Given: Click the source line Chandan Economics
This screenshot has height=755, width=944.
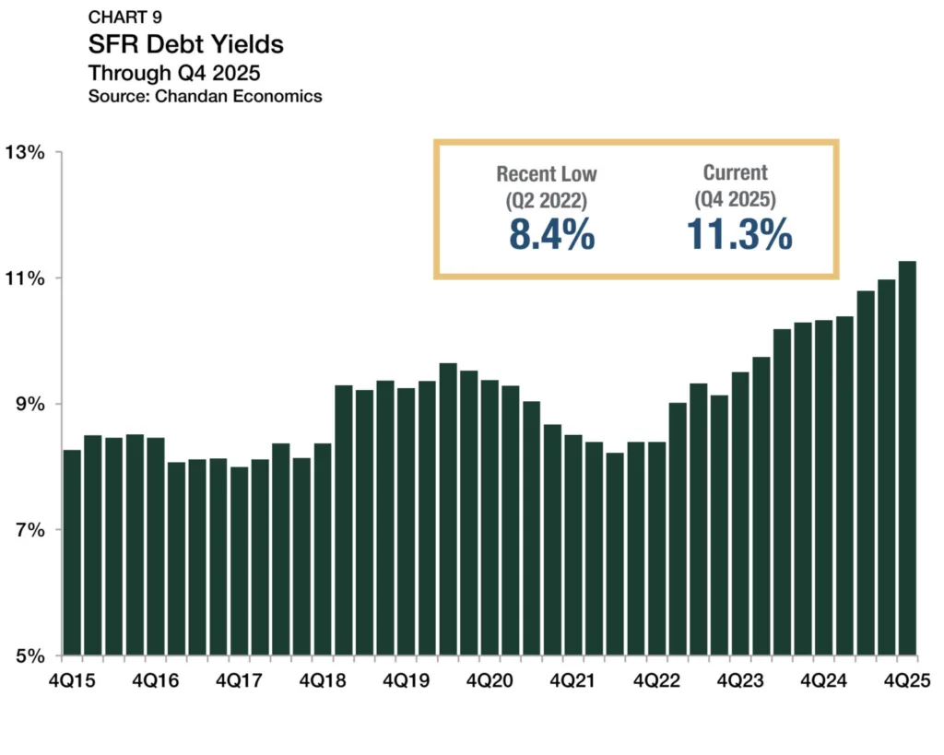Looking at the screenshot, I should (x=206, y=96).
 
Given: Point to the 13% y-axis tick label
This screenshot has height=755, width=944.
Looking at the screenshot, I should (x=28, y=152).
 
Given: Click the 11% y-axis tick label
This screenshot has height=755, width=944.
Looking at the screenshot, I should (x=28, y=278).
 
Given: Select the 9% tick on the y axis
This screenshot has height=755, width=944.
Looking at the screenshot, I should (x=31, y=405).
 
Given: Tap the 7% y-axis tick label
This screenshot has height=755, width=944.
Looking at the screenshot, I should (x=31, y=531).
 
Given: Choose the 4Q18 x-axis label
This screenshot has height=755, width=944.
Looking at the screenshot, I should (x=323, y=680).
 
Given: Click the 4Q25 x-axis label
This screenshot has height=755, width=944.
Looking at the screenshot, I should (x=906, y=680).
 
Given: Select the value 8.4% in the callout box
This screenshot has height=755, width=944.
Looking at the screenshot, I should (x=550, y=235).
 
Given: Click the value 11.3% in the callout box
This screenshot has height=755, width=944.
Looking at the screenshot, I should (x=738, y=235).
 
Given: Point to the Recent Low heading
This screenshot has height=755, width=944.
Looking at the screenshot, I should (x=547, y=173).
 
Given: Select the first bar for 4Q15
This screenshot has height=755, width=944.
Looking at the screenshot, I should (x=72, y=553).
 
